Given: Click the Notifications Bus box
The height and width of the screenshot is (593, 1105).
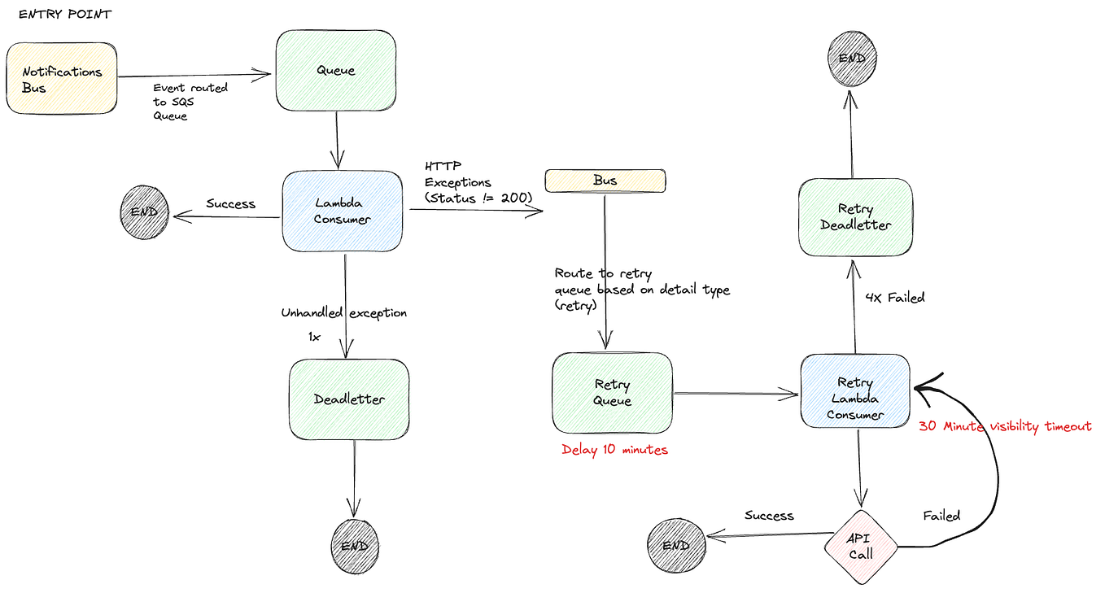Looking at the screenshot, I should tap(61, 79).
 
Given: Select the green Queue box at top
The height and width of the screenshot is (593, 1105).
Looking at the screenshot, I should tap(335, 71).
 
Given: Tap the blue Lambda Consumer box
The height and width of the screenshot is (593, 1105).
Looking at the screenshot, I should tap(343, 211).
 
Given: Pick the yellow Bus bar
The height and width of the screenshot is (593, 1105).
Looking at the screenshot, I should tap(605, 181).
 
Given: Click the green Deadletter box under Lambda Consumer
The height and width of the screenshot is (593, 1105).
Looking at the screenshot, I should tap(349, 399).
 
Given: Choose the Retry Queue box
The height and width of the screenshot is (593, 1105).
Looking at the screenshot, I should tap(612, 393).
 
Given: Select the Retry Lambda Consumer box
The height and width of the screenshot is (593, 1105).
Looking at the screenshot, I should tap(855, 391).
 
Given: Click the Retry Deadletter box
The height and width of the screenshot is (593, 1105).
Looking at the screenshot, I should tap(855, 217).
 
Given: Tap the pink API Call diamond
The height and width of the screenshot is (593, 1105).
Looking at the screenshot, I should tap(860, 547).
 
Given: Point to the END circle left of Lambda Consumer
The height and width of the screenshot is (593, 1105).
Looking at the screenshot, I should tap(144, 214).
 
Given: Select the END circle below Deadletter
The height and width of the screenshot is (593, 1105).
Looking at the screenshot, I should tap(355, 546).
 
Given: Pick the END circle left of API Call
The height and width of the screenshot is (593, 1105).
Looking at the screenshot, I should tap(675, 546).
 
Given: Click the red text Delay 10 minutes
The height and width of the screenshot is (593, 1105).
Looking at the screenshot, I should tap(614, 450).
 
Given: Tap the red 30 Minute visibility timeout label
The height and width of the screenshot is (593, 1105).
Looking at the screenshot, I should tap(1005, 426).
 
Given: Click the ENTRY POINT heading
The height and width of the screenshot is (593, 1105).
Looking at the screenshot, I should tap(65, 15).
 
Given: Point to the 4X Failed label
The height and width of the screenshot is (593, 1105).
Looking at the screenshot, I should tap(895, 298).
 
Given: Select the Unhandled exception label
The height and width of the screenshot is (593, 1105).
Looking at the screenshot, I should tap(343, 313).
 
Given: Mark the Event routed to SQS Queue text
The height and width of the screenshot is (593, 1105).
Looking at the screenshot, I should tap(190, 102).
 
